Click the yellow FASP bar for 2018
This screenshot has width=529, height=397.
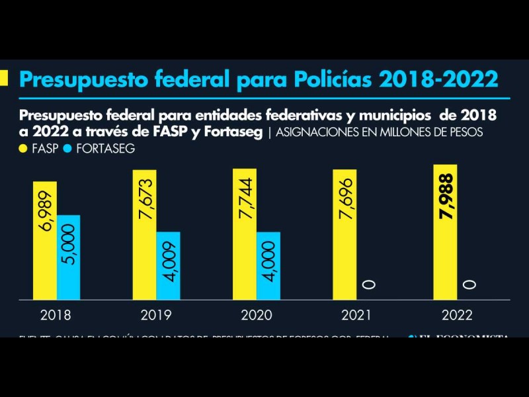45,240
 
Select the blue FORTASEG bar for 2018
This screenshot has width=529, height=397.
69,257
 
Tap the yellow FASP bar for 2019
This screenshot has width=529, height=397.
144,234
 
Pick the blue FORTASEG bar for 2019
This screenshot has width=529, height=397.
168,265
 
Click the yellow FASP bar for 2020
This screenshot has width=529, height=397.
244,234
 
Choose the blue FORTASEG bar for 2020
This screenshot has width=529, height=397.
268,265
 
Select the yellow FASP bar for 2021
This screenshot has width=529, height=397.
345,234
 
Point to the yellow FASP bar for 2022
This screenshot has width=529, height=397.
445,232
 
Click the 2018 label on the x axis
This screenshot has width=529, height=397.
56,315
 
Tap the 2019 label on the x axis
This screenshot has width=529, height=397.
156,315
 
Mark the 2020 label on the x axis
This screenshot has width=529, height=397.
257,315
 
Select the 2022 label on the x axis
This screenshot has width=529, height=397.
457,315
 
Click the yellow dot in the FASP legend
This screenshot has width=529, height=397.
24,149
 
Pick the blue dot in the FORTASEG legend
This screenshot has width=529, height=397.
69,149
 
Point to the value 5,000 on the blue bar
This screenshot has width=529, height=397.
69,245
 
